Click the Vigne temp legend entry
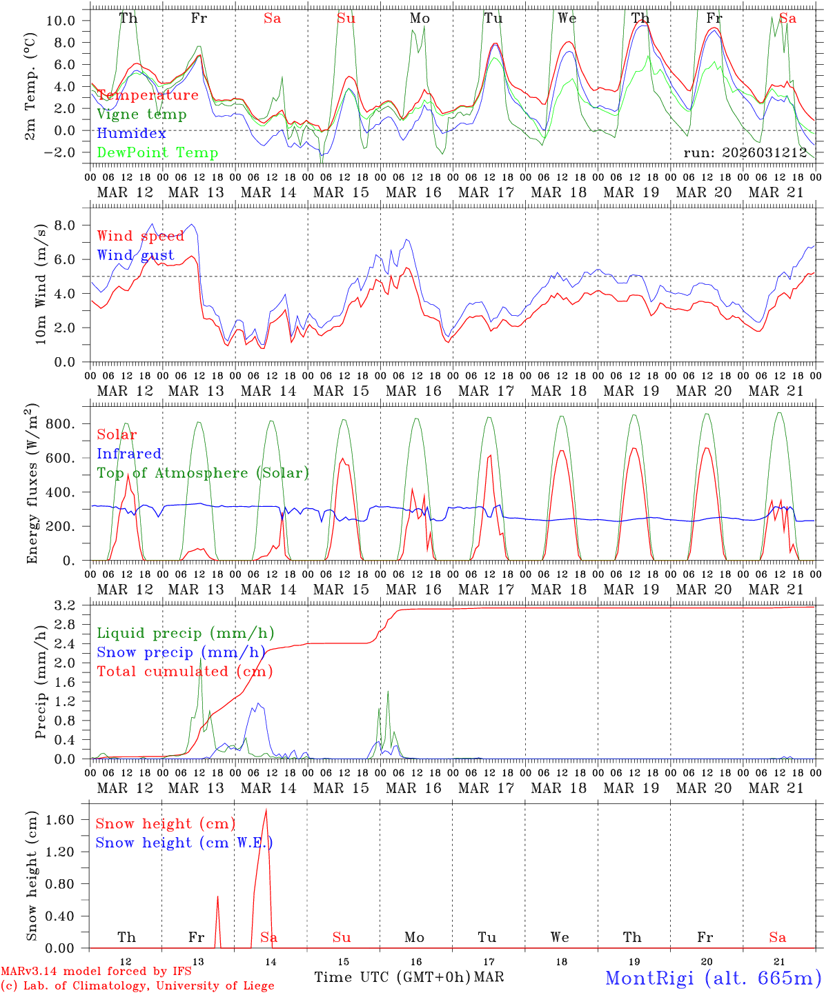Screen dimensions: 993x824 (141, 114)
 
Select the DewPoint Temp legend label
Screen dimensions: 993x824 (157, 153)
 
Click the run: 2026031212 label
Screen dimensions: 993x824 (745, 153)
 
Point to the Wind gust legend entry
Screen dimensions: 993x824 (135, 255)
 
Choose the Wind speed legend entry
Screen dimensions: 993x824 (141, 236)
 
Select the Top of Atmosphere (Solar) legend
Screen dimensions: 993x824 (203, 473)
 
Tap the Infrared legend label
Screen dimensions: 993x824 (129, 454)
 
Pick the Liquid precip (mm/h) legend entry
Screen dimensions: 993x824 (185, 633)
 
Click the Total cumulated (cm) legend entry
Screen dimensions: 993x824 (184, 672)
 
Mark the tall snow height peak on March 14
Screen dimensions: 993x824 (266, 811)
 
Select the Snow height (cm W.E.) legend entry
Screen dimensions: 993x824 (184, 843)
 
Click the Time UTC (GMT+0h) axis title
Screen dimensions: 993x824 (392, 977)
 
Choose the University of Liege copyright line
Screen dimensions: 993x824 (138, 986)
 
